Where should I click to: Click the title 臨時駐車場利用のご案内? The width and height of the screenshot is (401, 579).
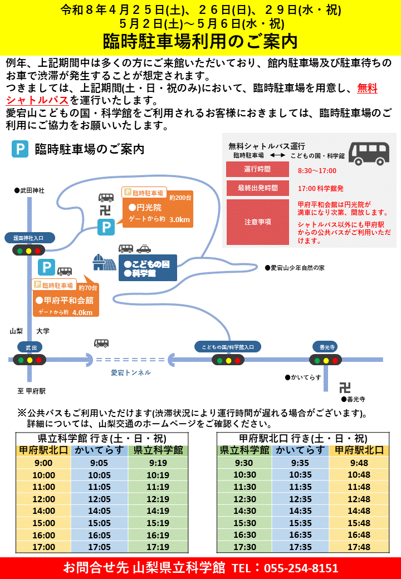point(200,41)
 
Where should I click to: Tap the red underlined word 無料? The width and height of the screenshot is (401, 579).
point(367,88)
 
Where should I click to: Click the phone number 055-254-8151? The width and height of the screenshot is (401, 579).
point(301,568)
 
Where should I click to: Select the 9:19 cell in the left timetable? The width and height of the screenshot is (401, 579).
point(158,463)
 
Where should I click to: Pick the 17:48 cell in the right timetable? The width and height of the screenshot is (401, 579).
point(359,547)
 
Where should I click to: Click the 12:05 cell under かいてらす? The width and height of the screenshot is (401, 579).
point(100,499)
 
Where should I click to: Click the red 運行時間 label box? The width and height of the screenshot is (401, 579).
point(257,169)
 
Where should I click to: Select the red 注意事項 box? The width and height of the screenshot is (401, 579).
point(257,222)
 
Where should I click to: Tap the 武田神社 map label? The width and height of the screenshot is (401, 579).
point(31,190)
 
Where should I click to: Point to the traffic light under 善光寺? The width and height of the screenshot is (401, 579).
point(325,360)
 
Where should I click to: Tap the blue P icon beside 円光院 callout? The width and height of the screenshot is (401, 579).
point(106,227)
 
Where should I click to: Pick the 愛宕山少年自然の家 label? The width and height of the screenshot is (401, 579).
point(296,268)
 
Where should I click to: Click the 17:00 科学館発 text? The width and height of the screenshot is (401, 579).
point(321,188)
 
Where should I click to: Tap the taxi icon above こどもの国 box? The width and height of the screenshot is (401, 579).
point(144,249)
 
